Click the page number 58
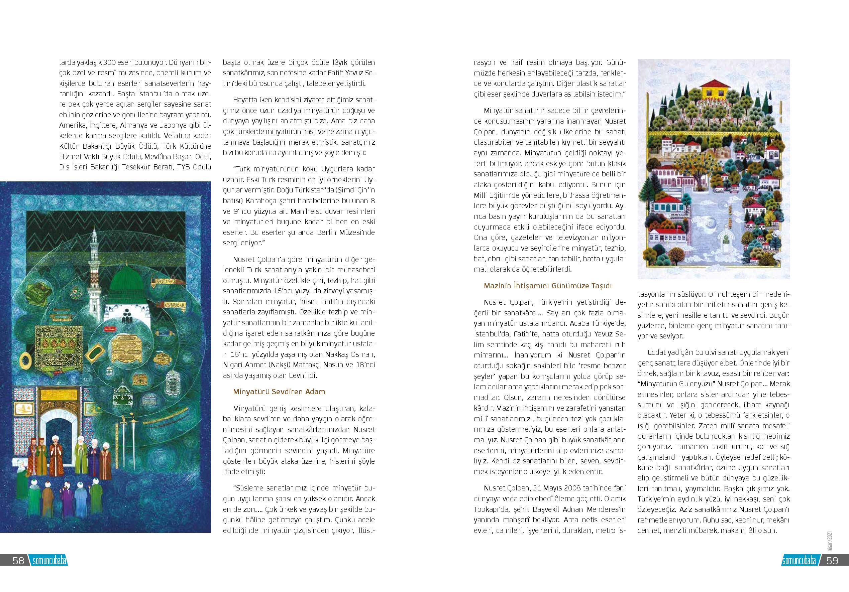[18, 561]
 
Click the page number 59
[832, 561]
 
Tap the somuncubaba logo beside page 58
[48, 561]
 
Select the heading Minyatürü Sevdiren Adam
[279, 391]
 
